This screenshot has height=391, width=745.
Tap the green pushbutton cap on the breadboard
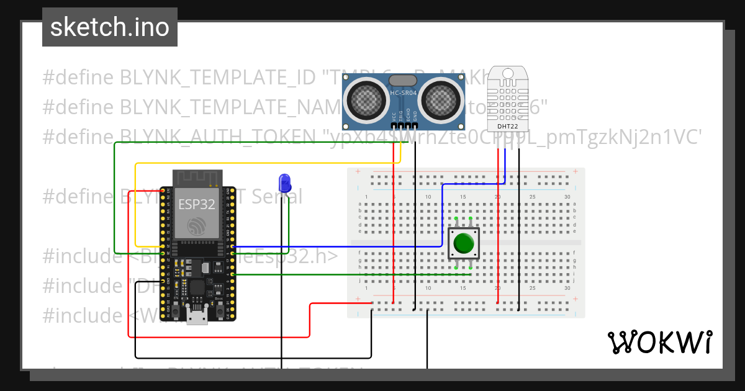[x=463, y=243]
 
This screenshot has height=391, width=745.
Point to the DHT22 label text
[x=505, y=127]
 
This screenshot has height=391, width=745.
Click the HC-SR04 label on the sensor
[x=404, y=94]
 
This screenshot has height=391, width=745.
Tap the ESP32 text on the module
[x=197, y=204]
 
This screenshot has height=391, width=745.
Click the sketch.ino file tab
[x=110, y=27]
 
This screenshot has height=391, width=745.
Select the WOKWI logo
[x=660, y=342]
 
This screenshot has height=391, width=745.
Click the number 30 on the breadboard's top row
[x=567, y=197]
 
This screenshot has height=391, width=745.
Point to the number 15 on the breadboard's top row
[x=463, y=197]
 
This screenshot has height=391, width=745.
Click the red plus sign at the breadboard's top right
[x=576, y=171]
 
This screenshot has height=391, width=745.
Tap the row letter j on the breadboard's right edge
[x=574, y=280]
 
